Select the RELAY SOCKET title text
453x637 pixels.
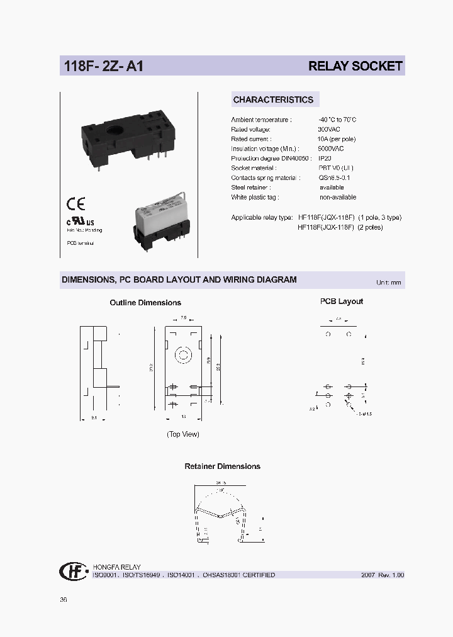[355, 66]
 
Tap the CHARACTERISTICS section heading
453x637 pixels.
[273, 99]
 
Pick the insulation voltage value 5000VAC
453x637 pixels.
[332, 149]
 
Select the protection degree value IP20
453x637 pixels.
[325, 159]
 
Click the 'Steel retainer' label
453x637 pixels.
[250, 188]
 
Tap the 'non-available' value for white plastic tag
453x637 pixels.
[337, 197]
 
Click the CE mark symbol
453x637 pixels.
[75, 204]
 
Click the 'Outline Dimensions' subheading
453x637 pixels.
[145, 303]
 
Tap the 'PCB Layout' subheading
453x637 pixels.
[342, 302]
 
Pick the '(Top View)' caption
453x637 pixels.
[182, 434]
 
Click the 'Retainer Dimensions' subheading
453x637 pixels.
[222, 466]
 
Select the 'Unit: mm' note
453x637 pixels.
[388, 283]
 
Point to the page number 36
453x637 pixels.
[64, 600]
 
